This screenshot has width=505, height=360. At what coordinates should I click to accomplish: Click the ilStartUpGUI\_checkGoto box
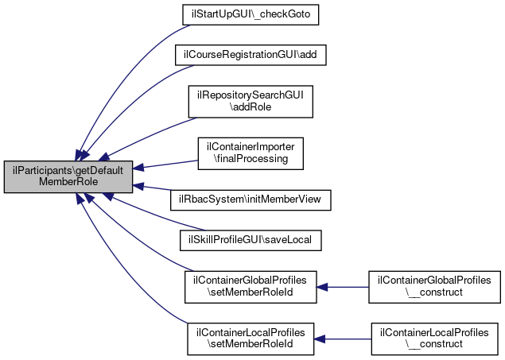click(x=251, y=15)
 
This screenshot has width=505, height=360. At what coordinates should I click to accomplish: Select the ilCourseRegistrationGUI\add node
click(x=251, y=55)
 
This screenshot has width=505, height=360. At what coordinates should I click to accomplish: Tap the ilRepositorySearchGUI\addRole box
click(x=251, y=102)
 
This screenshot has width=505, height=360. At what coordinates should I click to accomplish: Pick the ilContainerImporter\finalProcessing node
click(x=251, y=153)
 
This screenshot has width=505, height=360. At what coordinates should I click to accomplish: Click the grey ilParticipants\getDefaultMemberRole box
click(x=68, y=177)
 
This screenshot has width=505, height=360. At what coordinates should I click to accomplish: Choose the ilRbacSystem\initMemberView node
click(x=251, y=200)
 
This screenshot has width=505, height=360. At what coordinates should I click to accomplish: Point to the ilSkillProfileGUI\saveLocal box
click(x=251, y=240)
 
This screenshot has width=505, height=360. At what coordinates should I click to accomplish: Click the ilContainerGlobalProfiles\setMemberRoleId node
click(x=251, y=287)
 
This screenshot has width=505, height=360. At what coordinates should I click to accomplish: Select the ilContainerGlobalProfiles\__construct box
click(x=434, y=287)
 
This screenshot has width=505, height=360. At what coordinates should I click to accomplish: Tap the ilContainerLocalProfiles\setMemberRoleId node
click(x=251, y=339)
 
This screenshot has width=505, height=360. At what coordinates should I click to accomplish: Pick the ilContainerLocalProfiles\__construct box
click(x=434, y=339)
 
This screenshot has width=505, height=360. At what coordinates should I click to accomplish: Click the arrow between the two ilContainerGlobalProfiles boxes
click(x=343, y=287)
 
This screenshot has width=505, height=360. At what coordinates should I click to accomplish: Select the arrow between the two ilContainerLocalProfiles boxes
click(x=343, y=339)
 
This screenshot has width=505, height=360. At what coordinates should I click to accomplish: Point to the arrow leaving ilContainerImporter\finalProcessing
click(x=165, y=165)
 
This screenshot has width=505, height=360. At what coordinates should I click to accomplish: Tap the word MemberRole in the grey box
click(x=68, y=182)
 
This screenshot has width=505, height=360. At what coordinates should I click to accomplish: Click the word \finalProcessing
click(x=251, y=159)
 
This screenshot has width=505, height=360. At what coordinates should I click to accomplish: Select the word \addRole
click(x=251, y=106)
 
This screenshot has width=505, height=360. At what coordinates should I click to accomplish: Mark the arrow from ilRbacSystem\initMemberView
click(x=152, y=188)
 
